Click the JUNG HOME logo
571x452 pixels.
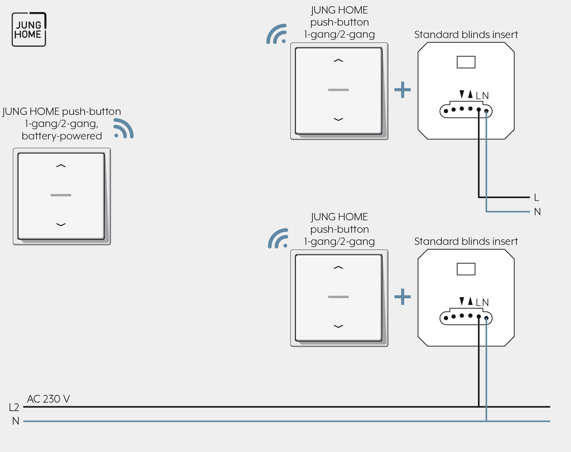[29, 29]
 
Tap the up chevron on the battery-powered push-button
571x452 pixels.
[61, 166]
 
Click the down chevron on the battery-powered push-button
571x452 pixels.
[61, 225]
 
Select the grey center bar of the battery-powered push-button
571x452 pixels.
[61, 195]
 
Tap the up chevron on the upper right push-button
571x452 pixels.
[338, 61]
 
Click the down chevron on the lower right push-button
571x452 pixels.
[338, 326]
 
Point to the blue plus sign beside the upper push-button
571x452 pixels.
[403, 90]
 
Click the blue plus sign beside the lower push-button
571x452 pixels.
[403, 297]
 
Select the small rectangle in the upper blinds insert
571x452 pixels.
[466, 62]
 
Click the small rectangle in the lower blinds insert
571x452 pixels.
[466, 269]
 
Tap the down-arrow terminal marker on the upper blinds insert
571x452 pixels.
[462, 94]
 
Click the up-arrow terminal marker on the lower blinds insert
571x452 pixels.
[470, 301]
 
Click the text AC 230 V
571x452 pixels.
[48, 399]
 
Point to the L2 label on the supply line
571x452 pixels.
[14, 407]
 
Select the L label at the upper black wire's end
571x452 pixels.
[537, 198]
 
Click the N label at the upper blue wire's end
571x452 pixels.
[537, 212]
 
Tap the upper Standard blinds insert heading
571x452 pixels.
[466, 34]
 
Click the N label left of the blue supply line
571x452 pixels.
[16, 421]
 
